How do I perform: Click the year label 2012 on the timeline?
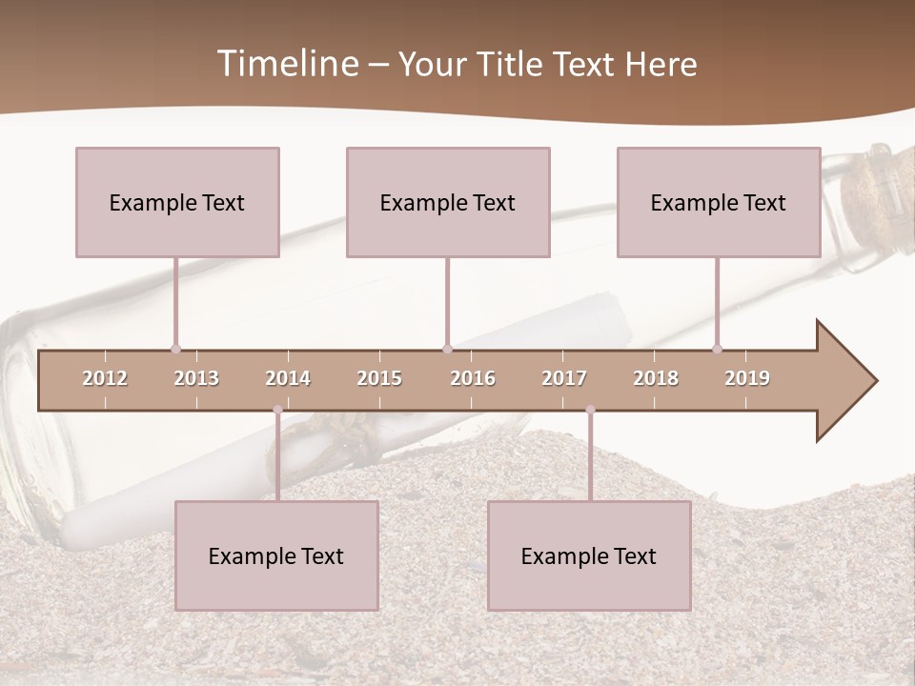tap(105, 378)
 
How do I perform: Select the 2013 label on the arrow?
tap(196, 378)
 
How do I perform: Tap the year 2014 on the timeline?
tap(288, 378)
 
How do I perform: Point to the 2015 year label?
tap(379, 378)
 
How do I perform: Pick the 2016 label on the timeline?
tap(473, 378)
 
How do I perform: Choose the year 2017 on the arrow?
tap(564, 378)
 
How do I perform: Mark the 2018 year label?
tap(656, 378)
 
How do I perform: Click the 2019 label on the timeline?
tap(747, 378)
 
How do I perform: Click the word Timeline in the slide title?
tap(286, 64)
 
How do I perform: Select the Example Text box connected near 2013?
tap(177, 202)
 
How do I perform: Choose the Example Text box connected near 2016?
tap(448, 202)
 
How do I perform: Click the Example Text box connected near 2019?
tap(719, 202)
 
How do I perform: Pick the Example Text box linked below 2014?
tap(276, 555)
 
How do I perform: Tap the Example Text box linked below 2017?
tap(589, 555)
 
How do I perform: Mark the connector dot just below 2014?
tap(277, 410)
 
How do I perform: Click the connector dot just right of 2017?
tap(590, 410)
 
